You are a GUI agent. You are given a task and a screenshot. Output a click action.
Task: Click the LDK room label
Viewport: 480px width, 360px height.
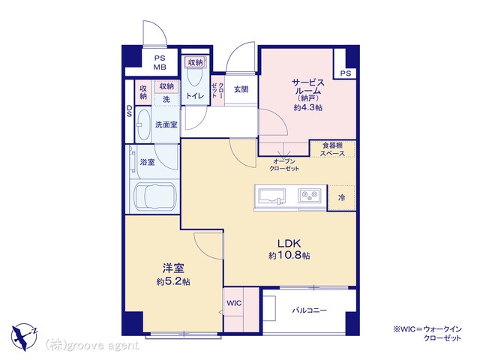[x=289, y=243]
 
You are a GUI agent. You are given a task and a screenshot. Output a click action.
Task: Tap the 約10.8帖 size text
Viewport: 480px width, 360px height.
[x=289, y=255]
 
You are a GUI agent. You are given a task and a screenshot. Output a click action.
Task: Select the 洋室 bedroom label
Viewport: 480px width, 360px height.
[x=173, y=268]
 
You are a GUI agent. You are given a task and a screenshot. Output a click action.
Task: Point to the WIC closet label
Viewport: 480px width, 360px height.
[x=234, y=303]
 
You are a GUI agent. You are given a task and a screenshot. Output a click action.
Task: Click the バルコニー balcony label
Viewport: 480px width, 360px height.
[x=310, y=310]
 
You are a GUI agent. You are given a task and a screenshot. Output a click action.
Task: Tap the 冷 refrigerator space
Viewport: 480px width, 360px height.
[x=342, y=198]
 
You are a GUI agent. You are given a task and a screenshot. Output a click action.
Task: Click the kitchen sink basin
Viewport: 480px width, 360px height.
[x=272, y=196]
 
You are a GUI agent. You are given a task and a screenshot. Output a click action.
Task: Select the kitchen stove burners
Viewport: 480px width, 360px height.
[x=310, y=195]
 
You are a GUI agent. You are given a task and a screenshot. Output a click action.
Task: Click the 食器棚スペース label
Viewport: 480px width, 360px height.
[x=332, y=149]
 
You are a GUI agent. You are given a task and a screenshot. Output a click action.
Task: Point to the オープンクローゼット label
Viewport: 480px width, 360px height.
[x=284, y=165]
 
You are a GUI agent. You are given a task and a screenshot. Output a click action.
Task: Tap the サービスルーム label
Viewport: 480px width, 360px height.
[x=308, y=87]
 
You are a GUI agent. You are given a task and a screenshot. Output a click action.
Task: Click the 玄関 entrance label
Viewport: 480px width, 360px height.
[x=241, y=89]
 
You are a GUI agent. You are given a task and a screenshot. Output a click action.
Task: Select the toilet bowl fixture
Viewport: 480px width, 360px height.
[x=195, y=74]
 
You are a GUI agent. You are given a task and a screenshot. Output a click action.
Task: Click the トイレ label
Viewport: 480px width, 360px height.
[x=195, y=96]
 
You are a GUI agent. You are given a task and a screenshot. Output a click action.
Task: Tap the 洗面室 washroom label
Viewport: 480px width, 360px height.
[x=166, y=124]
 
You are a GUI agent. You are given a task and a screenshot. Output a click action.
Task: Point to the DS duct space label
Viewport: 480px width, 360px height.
[x=130, y=111]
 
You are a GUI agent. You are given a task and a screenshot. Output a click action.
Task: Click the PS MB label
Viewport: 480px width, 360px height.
[x=160, y=62]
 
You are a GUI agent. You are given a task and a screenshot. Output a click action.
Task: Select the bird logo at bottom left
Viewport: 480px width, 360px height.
[x=24, y=337]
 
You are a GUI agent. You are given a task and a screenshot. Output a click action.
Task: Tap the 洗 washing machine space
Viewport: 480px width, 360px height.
[x=166, y=100]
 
